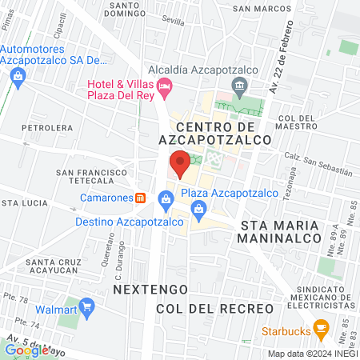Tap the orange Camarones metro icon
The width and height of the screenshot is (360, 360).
tap(141, 198)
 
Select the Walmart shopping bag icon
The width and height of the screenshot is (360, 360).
tap(87, 307)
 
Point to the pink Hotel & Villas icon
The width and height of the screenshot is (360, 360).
tap(166, 86)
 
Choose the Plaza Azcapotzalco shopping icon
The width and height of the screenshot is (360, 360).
tap(200, 210)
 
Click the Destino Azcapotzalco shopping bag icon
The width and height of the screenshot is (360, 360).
tap(166, 198)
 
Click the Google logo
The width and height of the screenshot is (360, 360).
tap(26, 350)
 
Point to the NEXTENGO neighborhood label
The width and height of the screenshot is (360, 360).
tap(150, 287)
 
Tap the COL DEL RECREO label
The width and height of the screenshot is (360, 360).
tap(214, 308)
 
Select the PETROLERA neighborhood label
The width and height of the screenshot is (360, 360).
tap(47, 127)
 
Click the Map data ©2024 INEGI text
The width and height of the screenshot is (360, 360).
tap(312, 353)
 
